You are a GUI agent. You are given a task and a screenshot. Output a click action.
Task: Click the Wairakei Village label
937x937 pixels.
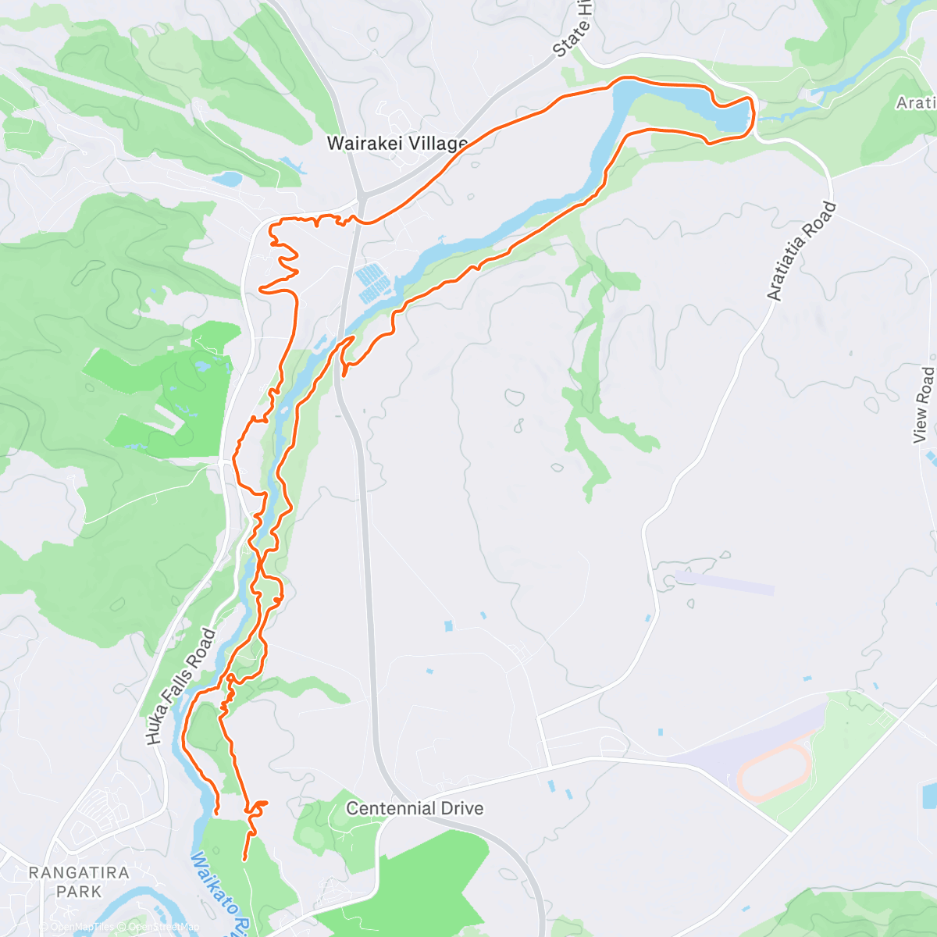tap(397, 143)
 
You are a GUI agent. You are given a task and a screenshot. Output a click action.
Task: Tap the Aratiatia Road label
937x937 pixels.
tap(801, 251)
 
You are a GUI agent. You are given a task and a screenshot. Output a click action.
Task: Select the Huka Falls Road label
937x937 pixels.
tap(180, 686)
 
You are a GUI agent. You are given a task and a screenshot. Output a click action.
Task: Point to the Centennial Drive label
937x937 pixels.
tap(415, 808)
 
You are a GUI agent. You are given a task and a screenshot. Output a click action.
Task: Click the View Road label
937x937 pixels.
tap(923, 404)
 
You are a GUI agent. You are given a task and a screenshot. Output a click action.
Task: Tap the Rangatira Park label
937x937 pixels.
tap(78, 882)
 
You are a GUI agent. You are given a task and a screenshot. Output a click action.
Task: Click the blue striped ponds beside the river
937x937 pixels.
tap(372, 283)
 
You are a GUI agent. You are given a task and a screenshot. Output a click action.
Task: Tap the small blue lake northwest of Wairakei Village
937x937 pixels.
tap(226, 179)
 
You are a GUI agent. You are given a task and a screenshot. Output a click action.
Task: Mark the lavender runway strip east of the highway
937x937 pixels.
tap(725, 582)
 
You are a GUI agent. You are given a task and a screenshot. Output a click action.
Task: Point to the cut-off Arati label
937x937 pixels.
tap(915, 103)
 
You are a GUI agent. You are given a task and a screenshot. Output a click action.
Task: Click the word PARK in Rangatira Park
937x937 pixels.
tap(78, 891)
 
